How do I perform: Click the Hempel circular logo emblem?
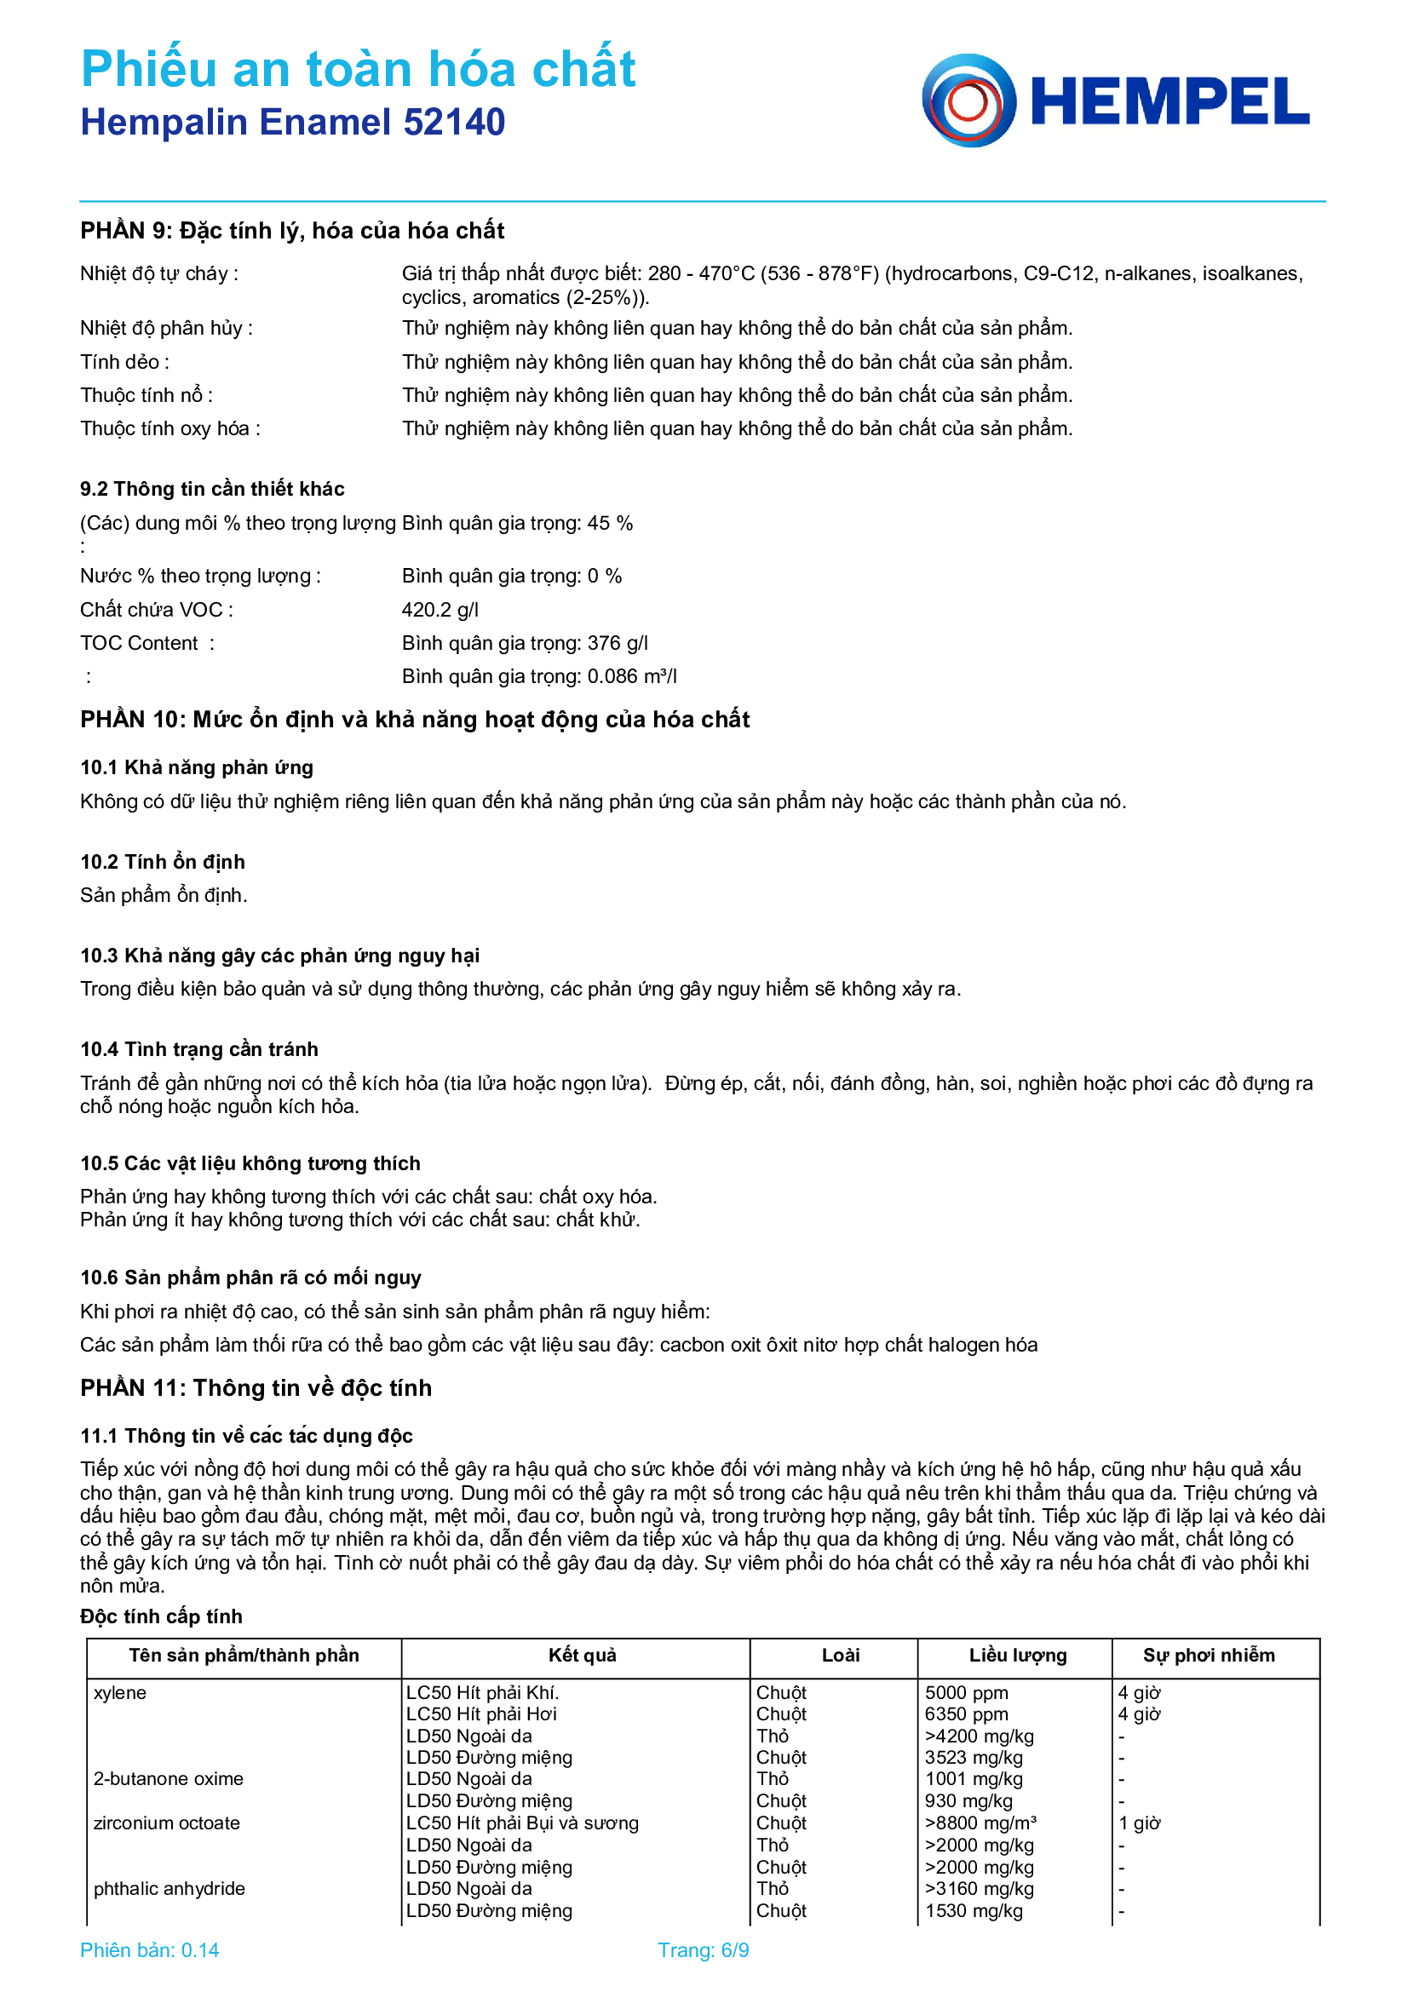coord(968,100)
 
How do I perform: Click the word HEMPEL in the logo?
coord(1170,101)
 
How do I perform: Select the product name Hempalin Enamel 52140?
coord(292,123)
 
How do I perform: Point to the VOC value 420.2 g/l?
coord(440,610)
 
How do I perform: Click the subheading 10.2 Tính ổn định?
coord(162,862)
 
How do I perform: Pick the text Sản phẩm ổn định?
coord(163,894)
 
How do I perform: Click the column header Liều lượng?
coord(1018,1655)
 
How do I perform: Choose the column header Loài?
coord(840,1655)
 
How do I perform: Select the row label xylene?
coord(120,1693)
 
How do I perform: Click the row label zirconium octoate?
coord(167,1823)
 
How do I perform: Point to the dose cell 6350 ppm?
coord(966,1714)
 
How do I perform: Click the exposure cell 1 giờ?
coord(1139,1823)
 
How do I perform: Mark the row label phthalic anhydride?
coord(170,1889)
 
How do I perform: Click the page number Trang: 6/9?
coord(703,1950)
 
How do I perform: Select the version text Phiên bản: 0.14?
coord(149,1950)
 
